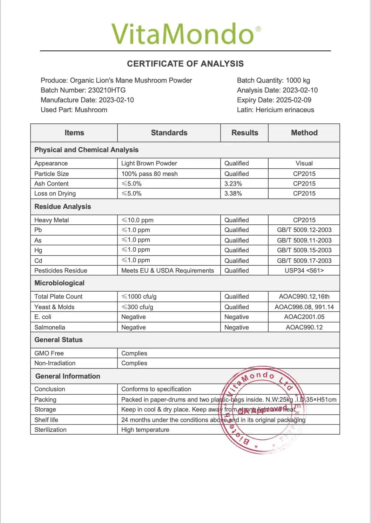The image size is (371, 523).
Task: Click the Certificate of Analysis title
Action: (x=185, y=64)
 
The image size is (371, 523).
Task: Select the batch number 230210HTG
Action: (x=107, y=90)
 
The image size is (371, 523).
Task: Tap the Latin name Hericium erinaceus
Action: (x=285, y=110)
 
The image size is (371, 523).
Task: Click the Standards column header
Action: (x=169, y=133)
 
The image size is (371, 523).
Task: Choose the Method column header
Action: (x=304, y=133)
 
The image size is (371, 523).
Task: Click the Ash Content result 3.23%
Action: (x=233, y=184)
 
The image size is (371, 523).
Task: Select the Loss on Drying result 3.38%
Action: (x=233, y=193)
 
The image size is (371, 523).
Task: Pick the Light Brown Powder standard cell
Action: (x=149, y=163)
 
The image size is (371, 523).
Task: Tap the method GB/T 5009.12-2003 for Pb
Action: (x=304, y=230)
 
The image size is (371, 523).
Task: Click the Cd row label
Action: (x=38, y=261)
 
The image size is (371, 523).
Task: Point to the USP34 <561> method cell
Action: (x=304, y=271)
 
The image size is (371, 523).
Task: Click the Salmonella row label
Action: (x=50, y=327)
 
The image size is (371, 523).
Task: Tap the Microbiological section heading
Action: (x=59, y=283)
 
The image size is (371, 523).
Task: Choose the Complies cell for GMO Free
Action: (x=134, y=353)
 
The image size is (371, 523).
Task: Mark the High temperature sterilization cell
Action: (x=145, y=430)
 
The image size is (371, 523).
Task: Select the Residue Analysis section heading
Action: (x=62, y=207)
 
